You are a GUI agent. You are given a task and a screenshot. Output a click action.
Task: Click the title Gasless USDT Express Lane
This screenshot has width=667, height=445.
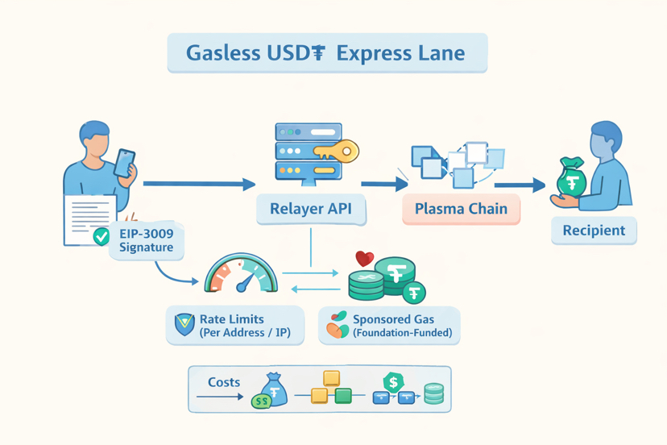pos(325,54)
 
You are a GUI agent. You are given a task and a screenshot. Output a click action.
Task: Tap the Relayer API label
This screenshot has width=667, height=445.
pos(310,209)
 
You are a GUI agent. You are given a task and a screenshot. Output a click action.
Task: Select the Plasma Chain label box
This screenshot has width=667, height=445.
pos(461,209)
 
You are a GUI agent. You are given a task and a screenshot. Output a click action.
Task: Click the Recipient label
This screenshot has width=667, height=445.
pos(594,231)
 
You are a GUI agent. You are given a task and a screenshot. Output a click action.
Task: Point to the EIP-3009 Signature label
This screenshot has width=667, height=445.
pos(146,240)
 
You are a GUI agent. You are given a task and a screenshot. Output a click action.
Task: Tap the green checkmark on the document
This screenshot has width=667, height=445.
pos(101,236)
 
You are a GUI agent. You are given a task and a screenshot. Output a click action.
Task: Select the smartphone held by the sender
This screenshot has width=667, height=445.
pos(124,163)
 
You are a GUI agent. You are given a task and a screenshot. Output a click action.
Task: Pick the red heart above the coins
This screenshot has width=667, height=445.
pos(365,259)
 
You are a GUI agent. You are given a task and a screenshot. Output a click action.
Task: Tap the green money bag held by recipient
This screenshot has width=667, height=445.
pos(572,179)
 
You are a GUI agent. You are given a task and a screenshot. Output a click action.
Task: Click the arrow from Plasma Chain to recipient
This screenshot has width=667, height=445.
pos(520,185)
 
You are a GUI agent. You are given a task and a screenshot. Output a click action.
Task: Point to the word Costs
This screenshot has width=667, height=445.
pos(224,382)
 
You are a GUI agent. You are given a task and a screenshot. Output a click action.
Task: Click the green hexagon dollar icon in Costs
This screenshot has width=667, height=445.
pos(393,382)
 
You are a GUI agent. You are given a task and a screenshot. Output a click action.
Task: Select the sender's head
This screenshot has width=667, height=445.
pos(95,139)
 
